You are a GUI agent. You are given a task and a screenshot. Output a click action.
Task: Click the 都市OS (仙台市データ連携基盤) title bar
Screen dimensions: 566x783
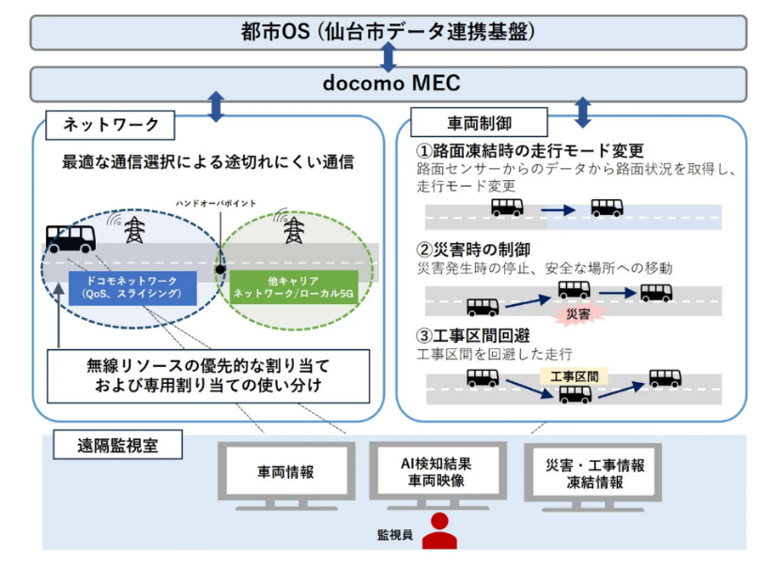pyautogui.click(x=389, y=32)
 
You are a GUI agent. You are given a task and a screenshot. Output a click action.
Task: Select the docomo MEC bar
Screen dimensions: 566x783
pyautogui.click(x=389, y=84)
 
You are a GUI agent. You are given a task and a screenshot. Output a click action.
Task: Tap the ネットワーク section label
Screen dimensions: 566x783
pyautogui.click(x=111, y=124)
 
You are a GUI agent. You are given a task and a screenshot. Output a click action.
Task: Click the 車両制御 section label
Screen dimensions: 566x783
pyautogui.click(x=480, y=122)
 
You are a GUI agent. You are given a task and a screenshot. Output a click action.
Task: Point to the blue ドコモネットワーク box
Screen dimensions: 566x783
pyautogui.click(x=132, y=286)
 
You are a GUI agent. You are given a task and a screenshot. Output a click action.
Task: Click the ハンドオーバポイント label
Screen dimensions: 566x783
pyautogui.click(x=218, y=203)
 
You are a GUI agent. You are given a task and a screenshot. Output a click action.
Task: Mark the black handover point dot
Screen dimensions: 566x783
pyautogui.click(x=219, y=269)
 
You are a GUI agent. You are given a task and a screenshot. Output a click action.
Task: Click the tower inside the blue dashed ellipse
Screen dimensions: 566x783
pyautogui.click(x=134, y=230)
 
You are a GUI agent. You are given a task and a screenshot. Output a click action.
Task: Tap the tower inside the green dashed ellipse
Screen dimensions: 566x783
pyautogui.click(x=294, y=230)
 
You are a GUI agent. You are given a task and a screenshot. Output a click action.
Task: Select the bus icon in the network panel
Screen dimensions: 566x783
pyautogui.click(x=70, y=238)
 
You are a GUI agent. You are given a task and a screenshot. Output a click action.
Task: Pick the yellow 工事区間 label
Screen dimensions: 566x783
pyautogui.click(x=574, y=376)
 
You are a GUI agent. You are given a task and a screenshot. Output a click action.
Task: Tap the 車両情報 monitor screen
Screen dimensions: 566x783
pyautogui.click(x=285, y=472)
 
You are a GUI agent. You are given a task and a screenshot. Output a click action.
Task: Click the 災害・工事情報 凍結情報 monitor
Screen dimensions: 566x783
pyautogui.click(x=595, y=472)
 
